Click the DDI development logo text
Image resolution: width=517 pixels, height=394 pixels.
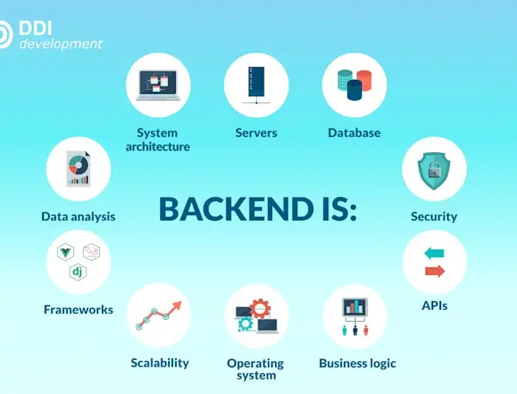pyautogui.click(x=60, y=35)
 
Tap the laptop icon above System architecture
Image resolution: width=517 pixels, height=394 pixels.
pyautogui.click(x=159, y=85)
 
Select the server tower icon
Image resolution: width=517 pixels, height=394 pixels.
pyautogui.click(x=256, y=82)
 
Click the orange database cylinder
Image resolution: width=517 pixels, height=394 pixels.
pyautogui.click(x=364, y=81)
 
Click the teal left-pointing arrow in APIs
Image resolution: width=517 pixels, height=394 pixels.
pyautogui.click(x=434, y=253)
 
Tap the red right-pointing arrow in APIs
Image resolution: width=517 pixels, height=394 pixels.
pyautogui.click(x=435, y=271)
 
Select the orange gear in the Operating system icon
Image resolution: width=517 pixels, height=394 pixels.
pyautogui.click(x=260, y=309)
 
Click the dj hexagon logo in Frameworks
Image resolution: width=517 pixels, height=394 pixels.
pyautogui.click(x=78, y=272)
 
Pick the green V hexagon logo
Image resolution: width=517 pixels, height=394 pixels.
pyautogui.click(x=65, y=252)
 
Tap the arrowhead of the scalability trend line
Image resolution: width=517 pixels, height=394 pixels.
pyautogui.click(x=177, y=305)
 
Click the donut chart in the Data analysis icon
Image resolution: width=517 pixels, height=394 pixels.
pyautogui.click(x=78, y=164)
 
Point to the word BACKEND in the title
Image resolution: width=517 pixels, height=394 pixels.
pyautogui.click(x=236, y=209)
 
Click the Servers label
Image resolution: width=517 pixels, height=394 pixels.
pyautogui.click(x=256, y=132)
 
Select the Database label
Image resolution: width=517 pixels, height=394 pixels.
pyautogui.click(x=354, y=132)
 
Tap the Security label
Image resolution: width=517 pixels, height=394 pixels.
pyautogui.click(x=434, y=217)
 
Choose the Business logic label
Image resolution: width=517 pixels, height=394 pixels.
pyautogui.click(x=358, y=363)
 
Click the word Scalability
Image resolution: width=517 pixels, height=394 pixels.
pyautogui.click(x=160, y=363)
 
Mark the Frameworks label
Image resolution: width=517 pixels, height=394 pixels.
pyautogui.click(x=78, y=310)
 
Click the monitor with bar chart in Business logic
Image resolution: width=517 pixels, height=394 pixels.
pyautogui.click(x=355, y=307)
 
